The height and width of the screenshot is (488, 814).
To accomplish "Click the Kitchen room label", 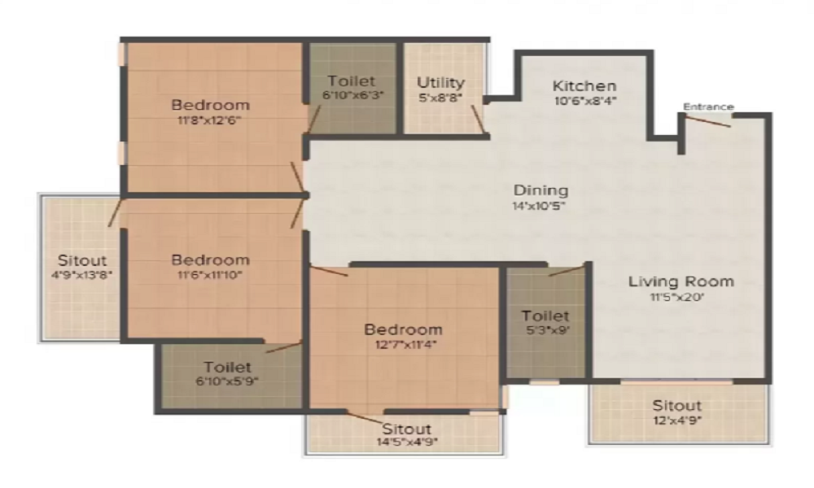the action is tap(584, 85).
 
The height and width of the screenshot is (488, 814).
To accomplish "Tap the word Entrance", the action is tap(708, 107).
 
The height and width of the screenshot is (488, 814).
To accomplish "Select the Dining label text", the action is tap(540, 190).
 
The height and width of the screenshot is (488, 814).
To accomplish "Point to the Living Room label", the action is tap(681, 281).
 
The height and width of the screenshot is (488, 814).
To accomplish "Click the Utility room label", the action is tap(440, 83).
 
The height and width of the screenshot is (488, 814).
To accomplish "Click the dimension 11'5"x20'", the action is tap(677, 297).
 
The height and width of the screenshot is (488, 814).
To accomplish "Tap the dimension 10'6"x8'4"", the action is tap(585, 101).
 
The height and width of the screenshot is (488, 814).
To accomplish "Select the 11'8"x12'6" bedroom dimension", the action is tap(209, 120).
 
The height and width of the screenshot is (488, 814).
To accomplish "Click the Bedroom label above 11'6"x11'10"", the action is tap(210, 259).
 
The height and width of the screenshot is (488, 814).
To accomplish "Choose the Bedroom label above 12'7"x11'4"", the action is tap(404, 329).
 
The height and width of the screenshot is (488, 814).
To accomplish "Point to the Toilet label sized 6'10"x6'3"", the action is tap(352, 81).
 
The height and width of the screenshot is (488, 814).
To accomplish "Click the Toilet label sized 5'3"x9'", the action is tap(545, 316).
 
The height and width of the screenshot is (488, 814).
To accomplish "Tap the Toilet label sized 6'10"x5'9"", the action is tap(227, 367).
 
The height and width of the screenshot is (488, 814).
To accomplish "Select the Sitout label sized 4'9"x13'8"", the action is tap(82, 260).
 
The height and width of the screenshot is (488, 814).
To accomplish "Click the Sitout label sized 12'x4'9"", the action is tap(676, 406).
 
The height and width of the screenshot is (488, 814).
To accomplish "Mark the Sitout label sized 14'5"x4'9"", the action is tap(406, 429).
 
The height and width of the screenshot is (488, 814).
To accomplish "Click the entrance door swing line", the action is tap(708, 121).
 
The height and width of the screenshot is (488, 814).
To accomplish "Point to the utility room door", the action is tap(479, 119).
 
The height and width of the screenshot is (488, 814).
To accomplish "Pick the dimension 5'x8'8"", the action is tap(440, 98).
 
